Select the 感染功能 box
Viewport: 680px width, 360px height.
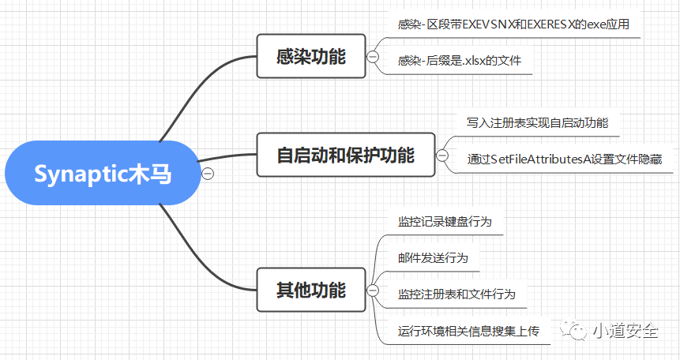[311, 56]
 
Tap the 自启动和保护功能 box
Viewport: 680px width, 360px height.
[345, 155]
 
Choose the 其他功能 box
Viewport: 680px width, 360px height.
[311, 290]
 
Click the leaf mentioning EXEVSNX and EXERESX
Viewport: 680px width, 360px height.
[513, 24]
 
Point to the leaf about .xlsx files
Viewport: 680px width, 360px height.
[460, 60]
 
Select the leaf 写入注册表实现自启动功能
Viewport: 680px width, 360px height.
[537, 123]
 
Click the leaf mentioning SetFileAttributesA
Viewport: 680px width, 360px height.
[564, 159]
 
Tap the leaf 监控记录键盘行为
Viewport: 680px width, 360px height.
[445, 222]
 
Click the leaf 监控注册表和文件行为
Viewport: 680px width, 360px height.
[456, 294]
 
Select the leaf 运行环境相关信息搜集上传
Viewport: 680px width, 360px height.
[468, 331]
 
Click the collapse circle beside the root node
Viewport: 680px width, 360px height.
[209, 174]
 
